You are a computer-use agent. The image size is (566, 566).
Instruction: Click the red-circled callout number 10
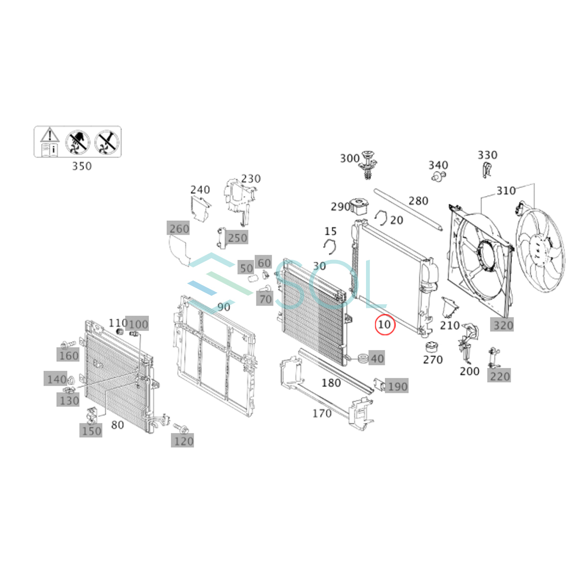point(385,325)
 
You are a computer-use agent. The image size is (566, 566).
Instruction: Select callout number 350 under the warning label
point(82,166)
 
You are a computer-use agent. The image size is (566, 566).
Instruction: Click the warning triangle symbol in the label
point(50,135)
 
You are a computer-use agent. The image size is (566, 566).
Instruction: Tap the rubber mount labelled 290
point(360,207)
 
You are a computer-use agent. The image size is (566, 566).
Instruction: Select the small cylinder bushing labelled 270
point(432,347)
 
